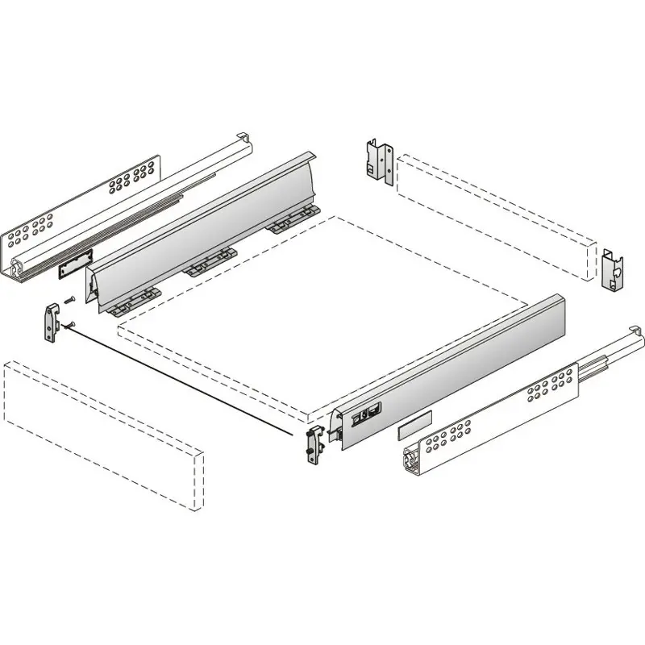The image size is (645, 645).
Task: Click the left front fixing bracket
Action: click(52, 322)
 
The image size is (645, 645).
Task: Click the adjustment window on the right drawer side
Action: click(366, 416)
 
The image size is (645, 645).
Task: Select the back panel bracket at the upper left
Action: click(378, 164)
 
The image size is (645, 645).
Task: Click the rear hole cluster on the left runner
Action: click(134, 178)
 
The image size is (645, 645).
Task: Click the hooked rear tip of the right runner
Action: click(636, 330)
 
